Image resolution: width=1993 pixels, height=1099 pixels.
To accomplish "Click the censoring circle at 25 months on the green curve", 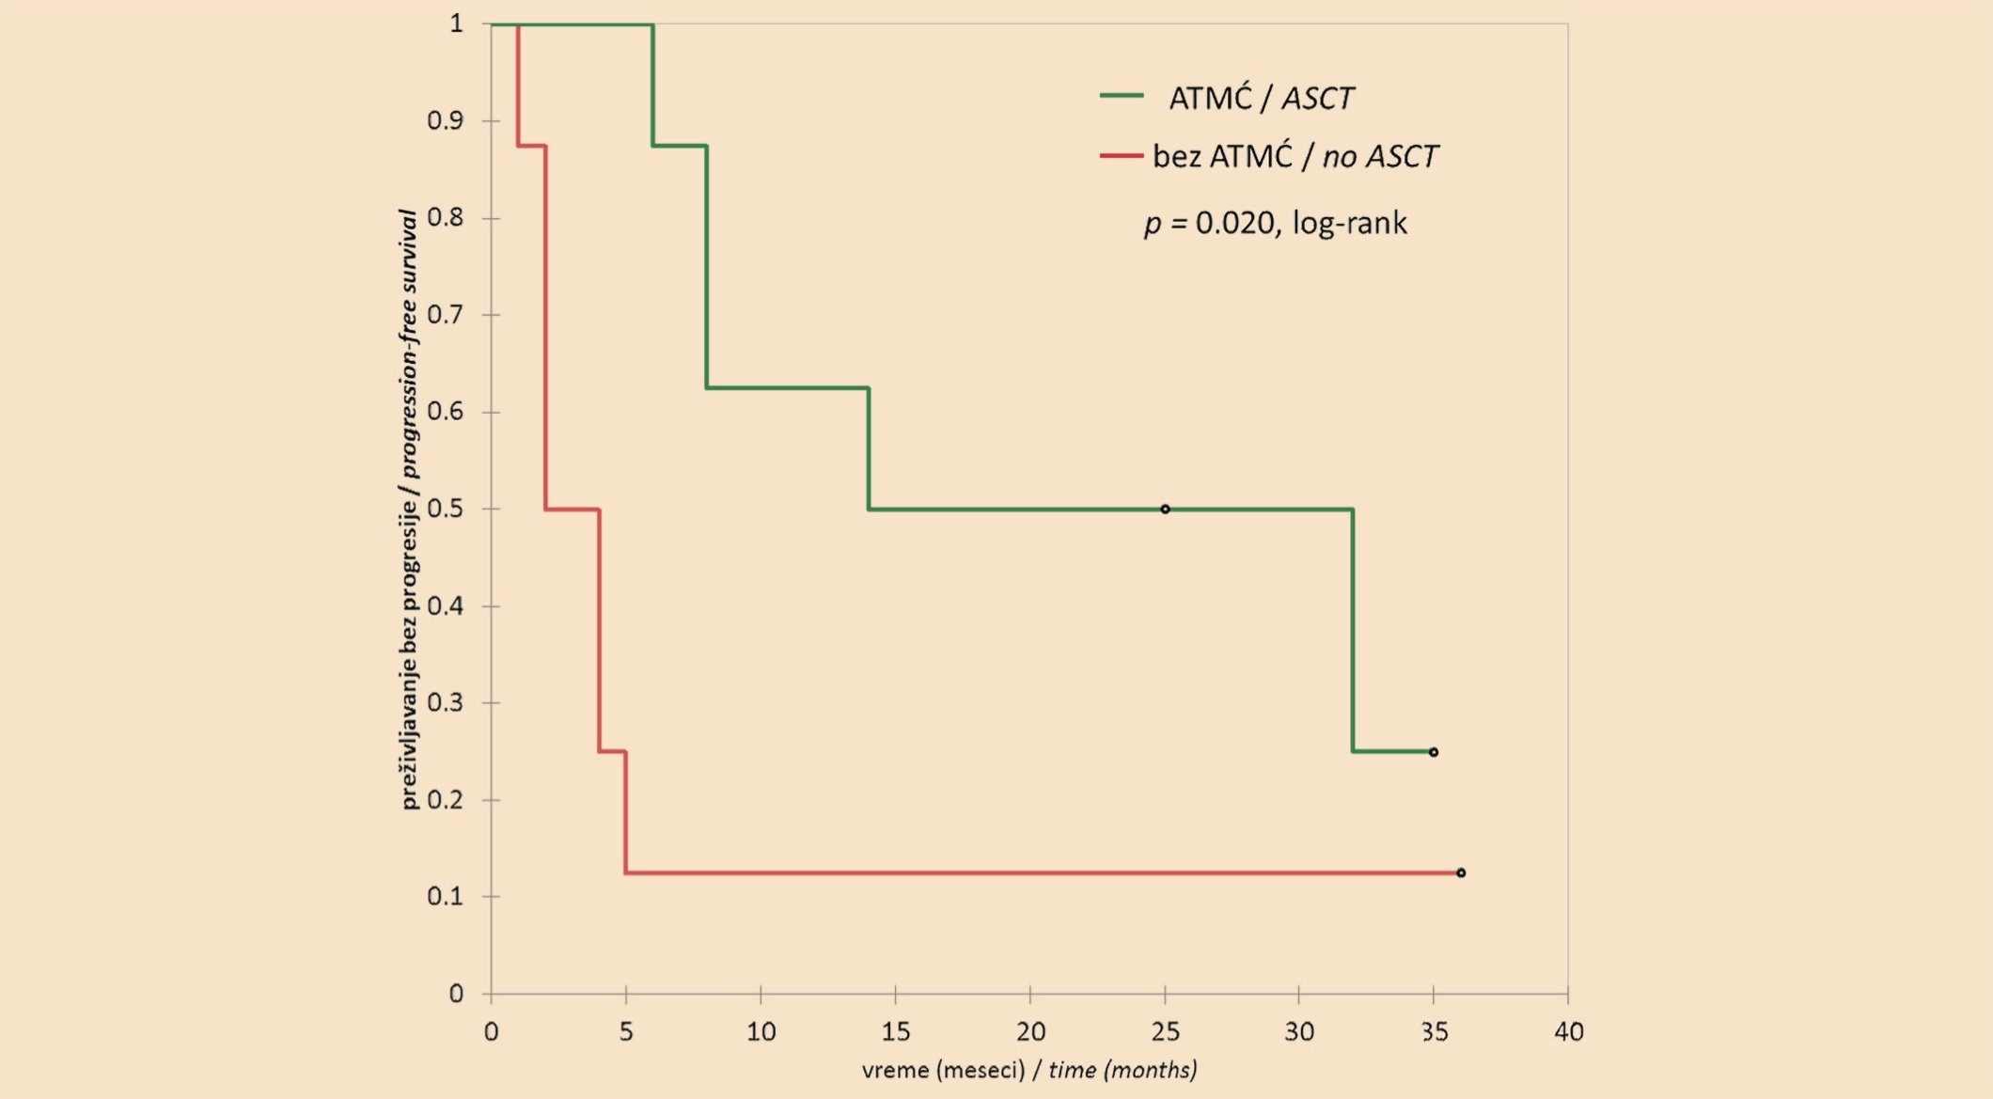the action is pyautogui.click(x=1165, y=510).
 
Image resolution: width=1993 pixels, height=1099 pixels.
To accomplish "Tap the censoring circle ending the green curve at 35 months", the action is pyautogui.click(x=1434, y=752).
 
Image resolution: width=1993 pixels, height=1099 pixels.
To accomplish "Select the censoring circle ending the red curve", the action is pyautogui.click(x=1461, y=873).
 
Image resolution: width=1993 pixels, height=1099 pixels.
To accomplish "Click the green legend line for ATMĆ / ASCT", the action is pyautogui.click(x=1122, y=96).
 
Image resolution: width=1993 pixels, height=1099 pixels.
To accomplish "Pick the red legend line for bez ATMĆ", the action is pyautogui.click(x=1122, y=155).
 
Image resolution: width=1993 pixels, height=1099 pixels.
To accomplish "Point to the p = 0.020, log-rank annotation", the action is pyautogui.click(x=1276, y=224).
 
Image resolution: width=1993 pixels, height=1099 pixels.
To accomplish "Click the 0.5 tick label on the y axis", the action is pyautogui.click(x=446, y=509).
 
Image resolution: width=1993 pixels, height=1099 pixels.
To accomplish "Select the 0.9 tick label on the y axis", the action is pyautogui.click(x=446, y=120).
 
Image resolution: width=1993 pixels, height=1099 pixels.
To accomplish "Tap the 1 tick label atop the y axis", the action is pyautogui.click(x=457, y=23).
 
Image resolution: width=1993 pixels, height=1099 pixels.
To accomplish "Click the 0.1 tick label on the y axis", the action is pyautogui.click(x=446, y=896).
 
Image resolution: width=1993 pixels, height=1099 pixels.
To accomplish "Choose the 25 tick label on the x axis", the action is pyautogui.click(x=1165, y=1032).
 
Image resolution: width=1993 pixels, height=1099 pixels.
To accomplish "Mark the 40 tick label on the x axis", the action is pyautogui.click(x=1568, y=1032).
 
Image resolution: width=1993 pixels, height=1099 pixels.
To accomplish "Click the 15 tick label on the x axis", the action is pyautogui.click(x=895, y=1032).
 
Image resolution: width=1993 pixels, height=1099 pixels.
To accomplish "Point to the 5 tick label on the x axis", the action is pyautogui.click(x=626, y=1032).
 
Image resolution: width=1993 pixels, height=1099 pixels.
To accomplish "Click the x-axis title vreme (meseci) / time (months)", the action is pyautogui.click(x=1029, y=1070).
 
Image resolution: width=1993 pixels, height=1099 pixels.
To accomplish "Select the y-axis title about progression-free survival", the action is pyautogui.click(x=409, y=509).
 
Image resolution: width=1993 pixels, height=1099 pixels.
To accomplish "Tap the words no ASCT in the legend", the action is pyautogui.click(x=1380, y=156).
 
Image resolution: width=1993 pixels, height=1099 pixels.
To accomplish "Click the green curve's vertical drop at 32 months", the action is pyautogui.click(x=1353, y=630).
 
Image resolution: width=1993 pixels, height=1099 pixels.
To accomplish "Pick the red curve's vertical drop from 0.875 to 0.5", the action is pyautogui.click(x=545, y=327).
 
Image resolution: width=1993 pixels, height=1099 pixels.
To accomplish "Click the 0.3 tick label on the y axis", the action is pyautogui.click(x=446, y=702).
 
